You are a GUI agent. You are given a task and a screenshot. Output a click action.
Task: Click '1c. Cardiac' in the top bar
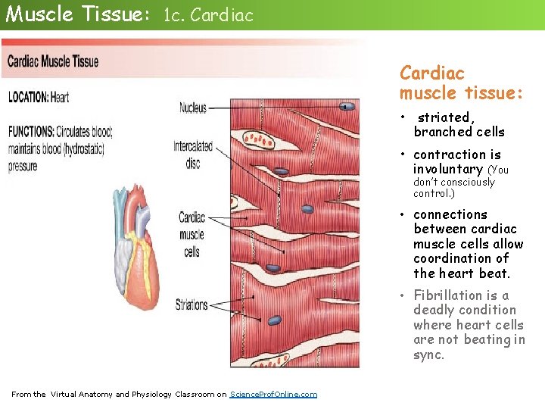(208, 16)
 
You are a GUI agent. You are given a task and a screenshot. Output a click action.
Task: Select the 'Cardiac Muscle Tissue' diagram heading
(53, 62)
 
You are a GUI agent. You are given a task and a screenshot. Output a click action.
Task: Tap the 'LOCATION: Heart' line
(39, 97)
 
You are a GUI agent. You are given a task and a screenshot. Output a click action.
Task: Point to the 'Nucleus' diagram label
(192, 108)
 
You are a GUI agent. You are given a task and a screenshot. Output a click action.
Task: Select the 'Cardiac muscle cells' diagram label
(192, 235)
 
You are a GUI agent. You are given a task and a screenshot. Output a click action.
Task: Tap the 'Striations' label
(192, 305)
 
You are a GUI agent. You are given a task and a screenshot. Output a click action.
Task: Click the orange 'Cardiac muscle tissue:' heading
(461, 83)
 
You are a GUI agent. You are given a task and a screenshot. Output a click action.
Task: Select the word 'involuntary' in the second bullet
(447, 169)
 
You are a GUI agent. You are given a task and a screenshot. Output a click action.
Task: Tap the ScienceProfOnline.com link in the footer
(273, 394)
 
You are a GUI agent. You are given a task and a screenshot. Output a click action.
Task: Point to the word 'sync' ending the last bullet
(428, 354)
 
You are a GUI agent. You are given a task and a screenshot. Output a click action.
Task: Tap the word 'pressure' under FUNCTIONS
(23, 167)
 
